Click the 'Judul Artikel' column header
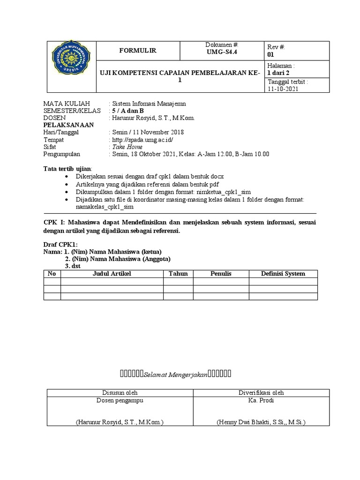click(112, 274)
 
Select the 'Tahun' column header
click(178, 274)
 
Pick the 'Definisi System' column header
click(283, 274)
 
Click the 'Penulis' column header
click(221, 274)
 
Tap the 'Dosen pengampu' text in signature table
click(120, 400)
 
